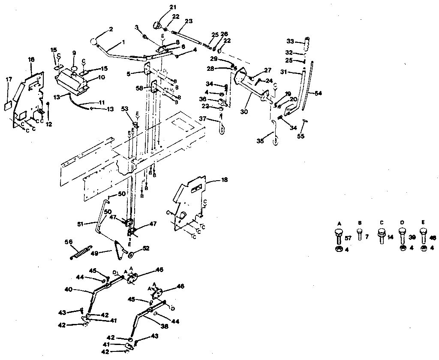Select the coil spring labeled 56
82,251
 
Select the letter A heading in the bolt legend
339,224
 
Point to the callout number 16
31,60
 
